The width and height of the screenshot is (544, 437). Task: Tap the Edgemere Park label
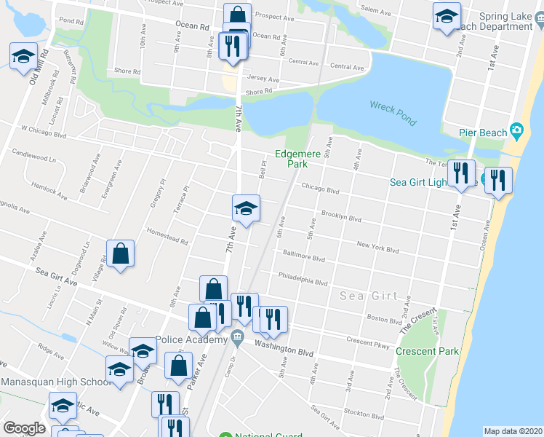tap(292, 159)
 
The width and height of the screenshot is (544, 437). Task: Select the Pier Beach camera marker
tap(516, 131)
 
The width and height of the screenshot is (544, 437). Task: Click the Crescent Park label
tap(427, 351)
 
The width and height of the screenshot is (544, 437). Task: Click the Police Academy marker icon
tap(237, 337)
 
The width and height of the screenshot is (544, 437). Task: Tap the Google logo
tap(24, 428)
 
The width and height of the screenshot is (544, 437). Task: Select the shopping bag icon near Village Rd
tap(121, 255)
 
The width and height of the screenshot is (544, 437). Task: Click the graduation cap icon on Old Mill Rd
tap(24, 56)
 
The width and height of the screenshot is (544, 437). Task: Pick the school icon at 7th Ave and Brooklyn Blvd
tap(246, 209)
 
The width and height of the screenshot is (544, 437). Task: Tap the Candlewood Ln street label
tap(33, 157)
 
